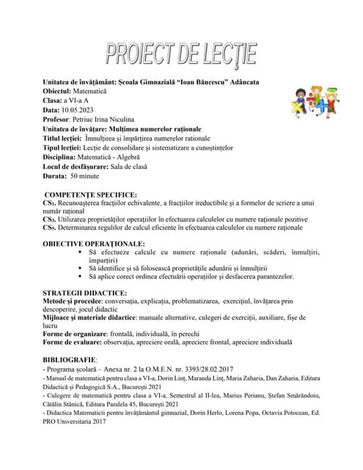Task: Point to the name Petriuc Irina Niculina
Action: [106, 118]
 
